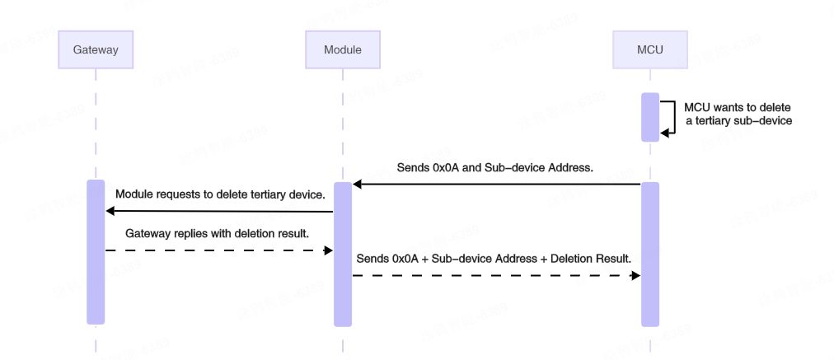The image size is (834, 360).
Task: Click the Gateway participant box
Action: (96, 49)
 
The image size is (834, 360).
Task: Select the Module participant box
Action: (342, 49)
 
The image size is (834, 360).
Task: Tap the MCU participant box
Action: (650, 49)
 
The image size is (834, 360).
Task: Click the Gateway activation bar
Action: (96, 251)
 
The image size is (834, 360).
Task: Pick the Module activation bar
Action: (343, 254)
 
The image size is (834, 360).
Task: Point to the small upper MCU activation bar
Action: (650, 117)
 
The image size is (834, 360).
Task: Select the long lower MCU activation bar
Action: (650, 254)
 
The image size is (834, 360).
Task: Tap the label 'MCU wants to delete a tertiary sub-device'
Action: (738, 114)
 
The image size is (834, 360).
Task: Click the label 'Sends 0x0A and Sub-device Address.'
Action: (495, 167)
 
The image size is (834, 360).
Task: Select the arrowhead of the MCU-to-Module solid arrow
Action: (358, 184)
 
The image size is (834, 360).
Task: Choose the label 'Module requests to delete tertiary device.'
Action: (220, 194)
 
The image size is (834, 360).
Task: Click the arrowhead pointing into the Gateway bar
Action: (110, 212)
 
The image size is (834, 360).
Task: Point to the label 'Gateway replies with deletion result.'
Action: (217, 233)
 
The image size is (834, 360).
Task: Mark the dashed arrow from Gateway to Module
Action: (218, 250)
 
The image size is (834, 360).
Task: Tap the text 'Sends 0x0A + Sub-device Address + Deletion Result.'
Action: (494, 259)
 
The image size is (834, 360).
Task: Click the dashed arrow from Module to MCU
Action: (494, 276)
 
